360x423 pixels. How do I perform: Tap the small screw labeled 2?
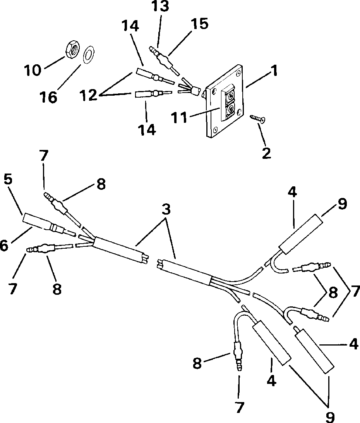pos(257,118)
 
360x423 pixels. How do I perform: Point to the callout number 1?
pos(274,71)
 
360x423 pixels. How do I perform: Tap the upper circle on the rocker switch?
pos(230,95)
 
